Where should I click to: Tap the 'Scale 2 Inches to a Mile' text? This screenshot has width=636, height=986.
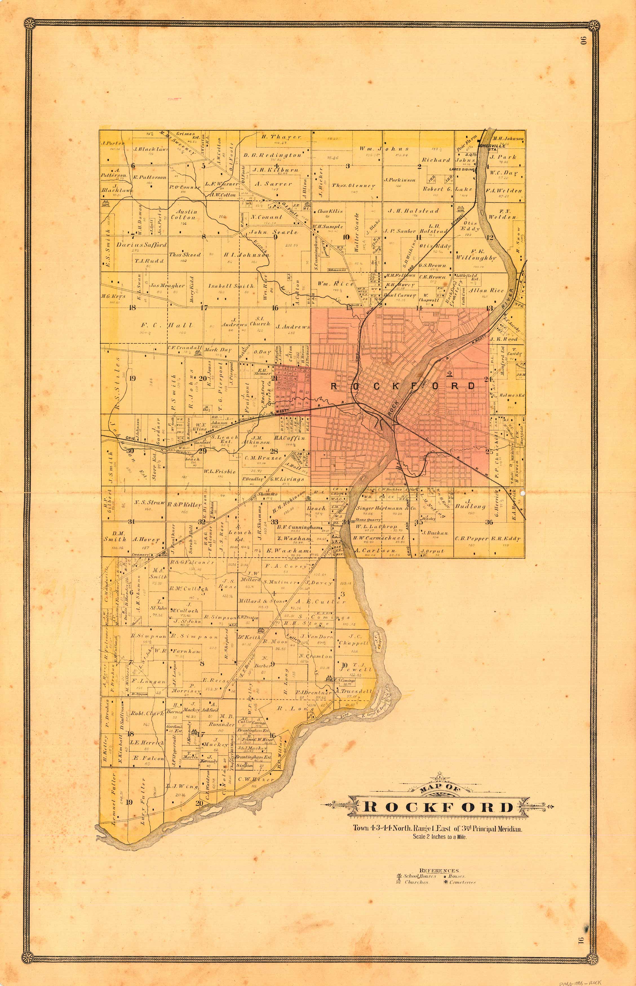(439, 837)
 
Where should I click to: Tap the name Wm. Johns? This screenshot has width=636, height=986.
(384, 149)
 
